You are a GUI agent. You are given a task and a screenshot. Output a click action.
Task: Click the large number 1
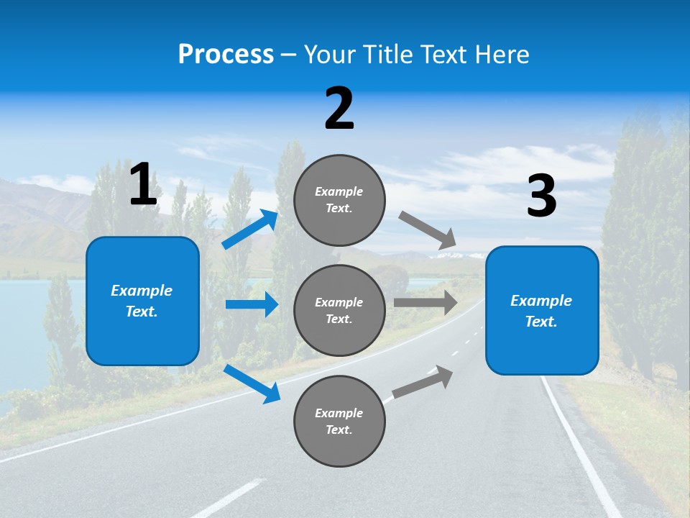click(143, 185)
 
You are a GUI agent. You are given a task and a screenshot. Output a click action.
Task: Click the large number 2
click(339, 109)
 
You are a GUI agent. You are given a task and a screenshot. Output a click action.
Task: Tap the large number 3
click(541, 196)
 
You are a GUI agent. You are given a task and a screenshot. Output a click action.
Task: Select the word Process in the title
click(226, 54)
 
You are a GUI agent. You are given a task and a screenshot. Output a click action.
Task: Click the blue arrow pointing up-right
click(250, 230)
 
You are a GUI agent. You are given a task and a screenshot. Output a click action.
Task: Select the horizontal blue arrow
click(252, 304)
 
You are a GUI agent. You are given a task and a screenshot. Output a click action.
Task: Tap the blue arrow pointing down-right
click(252, 383)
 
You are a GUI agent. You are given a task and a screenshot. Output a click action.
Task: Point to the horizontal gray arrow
click(425, 303)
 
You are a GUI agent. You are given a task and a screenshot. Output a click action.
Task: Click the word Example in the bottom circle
click(339, 413)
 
